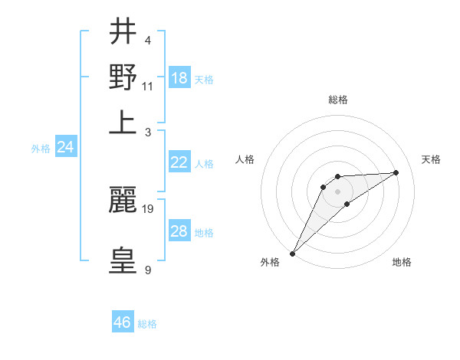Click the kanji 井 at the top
coord(123,32)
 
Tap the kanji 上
coord(123,123)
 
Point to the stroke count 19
coord(149,208)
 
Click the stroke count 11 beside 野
coord(148,86)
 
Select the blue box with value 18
coord(179,78)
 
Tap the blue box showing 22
coord(179,162)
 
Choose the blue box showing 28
coord(179,231)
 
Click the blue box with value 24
coord(65,147)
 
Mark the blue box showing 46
coord(123,322)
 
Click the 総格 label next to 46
coord(147,324)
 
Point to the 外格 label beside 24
coord(41,149)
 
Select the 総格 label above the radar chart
coord(338,100)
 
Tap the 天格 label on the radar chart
coord(432,159)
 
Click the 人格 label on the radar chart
coord(245,159)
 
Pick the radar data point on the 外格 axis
coord(292,254)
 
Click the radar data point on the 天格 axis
coord(396,172)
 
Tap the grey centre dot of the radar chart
coord(338,191)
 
